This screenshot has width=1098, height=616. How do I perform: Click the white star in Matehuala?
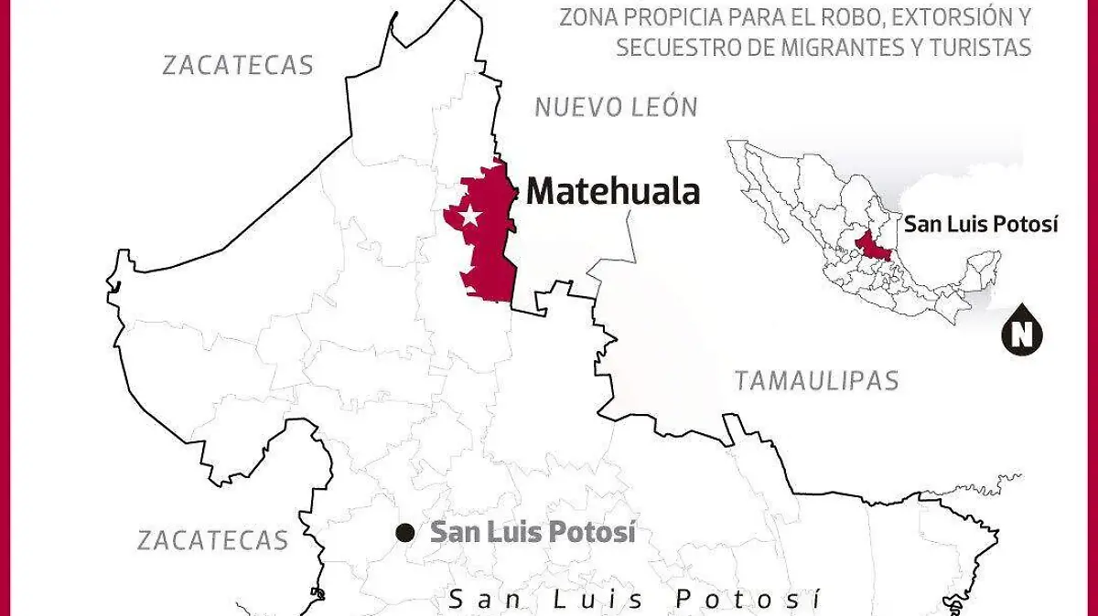[469, 217]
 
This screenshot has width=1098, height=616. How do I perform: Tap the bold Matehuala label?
[613, 192]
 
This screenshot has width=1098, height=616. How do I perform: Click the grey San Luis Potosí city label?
[533, 532]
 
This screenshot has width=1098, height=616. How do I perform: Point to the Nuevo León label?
[616, 108]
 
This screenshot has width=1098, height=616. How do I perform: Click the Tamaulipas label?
[817, 381]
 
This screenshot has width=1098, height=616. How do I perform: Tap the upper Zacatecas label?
[238, 65]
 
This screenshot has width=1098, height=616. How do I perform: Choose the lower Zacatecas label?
[213, 540]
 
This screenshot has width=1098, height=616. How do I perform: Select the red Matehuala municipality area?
[490, 247]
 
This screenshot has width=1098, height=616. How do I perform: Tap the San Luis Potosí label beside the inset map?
[981, 224]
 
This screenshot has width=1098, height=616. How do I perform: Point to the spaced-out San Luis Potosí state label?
[634, 600]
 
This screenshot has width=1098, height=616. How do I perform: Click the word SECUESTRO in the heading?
[670, 48]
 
